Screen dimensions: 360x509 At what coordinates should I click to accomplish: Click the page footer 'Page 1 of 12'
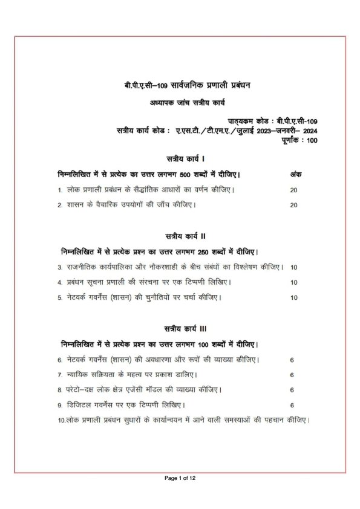180,478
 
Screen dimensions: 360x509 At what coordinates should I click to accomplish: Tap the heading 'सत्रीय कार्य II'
180,235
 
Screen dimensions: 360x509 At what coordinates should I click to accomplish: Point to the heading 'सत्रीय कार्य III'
180,328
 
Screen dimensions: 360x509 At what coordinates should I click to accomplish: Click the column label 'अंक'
295,174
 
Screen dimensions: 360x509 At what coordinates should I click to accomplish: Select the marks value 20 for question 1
294,190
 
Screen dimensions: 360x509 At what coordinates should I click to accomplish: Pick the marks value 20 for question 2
294,205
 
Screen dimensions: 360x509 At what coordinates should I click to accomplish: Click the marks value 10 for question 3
294,267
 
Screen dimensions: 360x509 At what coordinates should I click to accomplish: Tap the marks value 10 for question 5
294,297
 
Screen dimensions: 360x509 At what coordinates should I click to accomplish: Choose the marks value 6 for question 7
292,375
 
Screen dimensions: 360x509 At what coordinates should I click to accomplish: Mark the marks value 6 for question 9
292,405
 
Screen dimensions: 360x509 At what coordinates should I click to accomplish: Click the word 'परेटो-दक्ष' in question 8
83,390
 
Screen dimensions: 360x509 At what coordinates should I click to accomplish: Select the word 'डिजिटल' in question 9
79,405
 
